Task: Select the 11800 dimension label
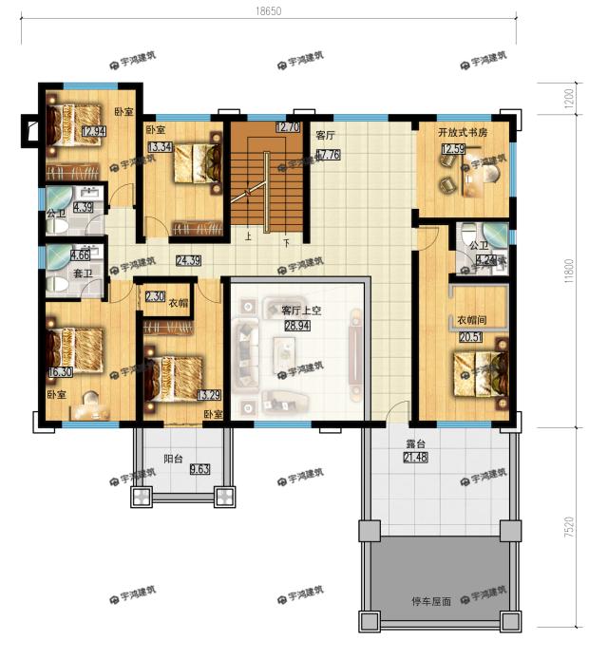[568, 269]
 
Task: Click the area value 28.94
[297, 325]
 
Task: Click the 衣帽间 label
[473, 319]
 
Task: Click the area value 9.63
[199, 469]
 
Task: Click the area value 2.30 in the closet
[154, 296]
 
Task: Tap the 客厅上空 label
[300, 311]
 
